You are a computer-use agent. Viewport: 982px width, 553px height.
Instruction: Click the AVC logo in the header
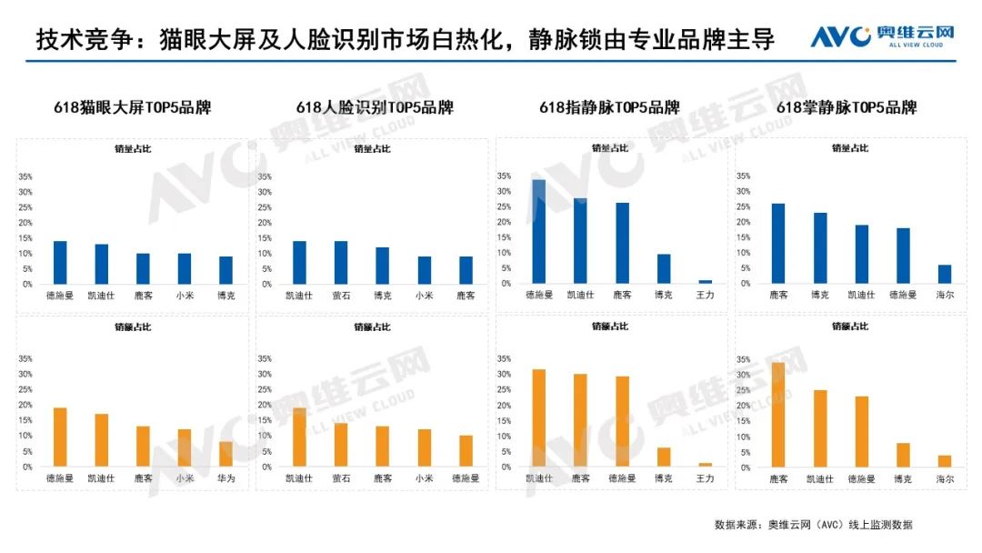coord(882,36)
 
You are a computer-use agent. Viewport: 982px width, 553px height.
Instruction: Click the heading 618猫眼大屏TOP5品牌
coord(131,107)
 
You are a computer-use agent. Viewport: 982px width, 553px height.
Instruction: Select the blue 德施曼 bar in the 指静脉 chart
coord(538,232)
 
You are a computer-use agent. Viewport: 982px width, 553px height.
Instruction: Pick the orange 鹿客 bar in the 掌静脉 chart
coord(777,415)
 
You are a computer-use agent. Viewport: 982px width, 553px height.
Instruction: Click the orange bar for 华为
coord(225,454)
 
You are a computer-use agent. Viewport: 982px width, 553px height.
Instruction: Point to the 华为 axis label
coord(225,478)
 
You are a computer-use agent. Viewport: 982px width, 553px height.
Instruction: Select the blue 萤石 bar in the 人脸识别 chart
coord(341,262)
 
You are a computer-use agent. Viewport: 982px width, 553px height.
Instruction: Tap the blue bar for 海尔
coord(945,274)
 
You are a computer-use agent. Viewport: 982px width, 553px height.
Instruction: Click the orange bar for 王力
coord(706,464)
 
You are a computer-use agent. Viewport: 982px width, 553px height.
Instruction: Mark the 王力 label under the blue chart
coord(706,295)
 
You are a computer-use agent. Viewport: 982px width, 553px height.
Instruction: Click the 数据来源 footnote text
coord(813,525)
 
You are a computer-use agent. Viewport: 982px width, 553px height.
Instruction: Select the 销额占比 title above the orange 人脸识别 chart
coord(369,326)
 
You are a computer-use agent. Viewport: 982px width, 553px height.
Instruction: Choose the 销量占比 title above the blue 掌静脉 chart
coord(849,148)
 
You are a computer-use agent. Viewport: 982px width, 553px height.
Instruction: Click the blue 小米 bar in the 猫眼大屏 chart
coord(185,268)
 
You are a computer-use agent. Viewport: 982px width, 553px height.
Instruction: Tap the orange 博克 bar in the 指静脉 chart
coord(664,457)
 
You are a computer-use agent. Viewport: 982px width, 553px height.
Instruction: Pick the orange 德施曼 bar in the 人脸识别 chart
coord(465,451)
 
